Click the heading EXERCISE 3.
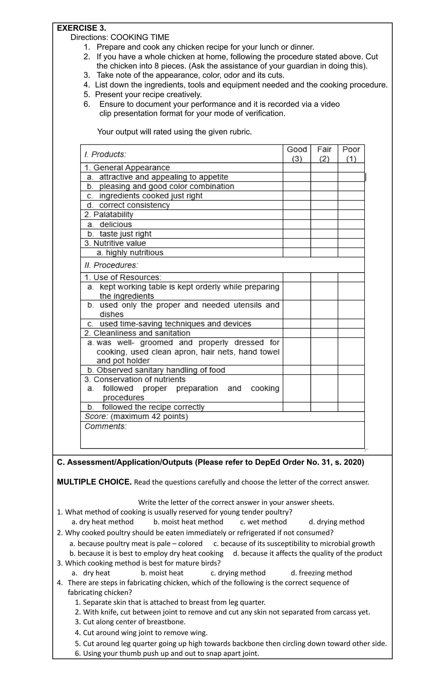pyautogui.click(x=81, y=28)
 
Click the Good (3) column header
pyautogui.click(x=297, y=154)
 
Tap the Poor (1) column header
pyautogui.click(x=351, y=154)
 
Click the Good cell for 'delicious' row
pyautogui.click(x=297, y=224)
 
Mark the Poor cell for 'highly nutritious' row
pyautogui.click(x=351, y=252)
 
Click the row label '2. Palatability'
pyautogui.click(x=109, y=215)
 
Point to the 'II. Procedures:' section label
pyautogui.click(x=111, y=265)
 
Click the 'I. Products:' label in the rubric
pyautogui.click(x=105, y=155)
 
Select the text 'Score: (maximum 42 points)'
pyautogui.click(x=136, y=416)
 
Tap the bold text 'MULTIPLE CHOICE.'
pyautogui.click(x=94, y=482)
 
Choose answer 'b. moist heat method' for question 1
pyautogui.click(x=188, y=522)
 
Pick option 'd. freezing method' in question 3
pyautogui.click(x=321, y=573)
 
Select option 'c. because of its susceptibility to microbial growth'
pyautogui.click(x=294, y=543)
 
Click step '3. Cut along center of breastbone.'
pyautogui.click(x=130, y=622)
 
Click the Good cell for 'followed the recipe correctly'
pyautogui.click(x=297, y=407)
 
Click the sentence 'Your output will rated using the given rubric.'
pyautogui.click(x=174, y=132)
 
